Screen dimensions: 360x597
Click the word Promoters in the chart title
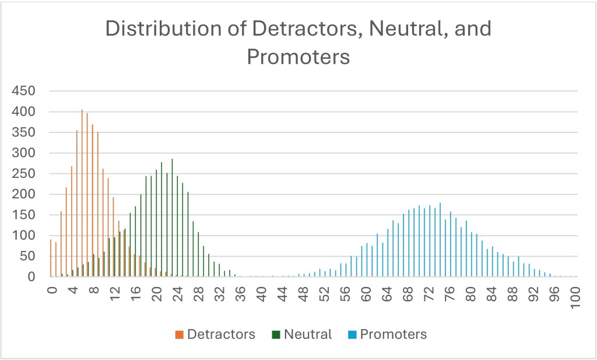point(298,57)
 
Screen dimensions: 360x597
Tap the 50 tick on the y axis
point(29,256)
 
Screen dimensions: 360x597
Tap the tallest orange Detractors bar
point(82,193)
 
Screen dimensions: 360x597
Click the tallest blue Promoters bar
point(440,240)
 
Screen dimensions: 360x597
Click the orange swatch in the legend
point(178,335)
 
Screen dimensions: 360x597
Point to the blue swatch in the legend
point(352,335)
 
